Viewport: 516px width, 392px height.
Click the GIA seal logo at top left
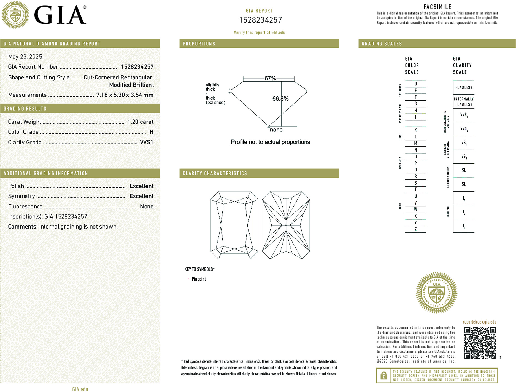pos(15,15)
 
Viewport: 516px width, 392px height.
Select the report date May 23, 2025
pos(25,57)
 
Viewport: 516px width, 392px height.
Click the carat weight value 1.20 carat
pos(140,122)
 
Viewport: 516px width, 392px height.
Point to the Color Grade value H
pos(151,132)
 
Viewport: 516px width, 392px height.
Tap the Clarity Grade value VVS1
pos(146,142)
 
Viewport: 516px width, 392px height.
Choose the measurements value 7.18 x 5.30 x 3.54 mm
pos(125,95)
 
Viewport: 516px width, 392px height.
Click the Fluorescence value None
pos(147,206)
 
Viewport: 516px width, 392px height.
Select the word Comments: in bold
pos(23,227)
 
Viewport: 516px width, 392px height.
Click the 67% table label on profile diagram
pos(270,78)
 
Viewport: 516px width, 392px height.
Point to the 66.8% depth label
pos(280,99)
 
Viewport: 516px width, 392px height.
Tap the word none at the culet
pos(276,130)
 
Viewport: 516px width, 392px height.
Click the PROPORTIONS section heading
pos(199,44)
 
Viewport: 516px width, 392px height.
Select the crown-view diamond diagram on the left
pos(234,225)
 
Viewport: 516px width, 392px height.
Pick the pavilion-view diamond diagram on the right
pos(286,225)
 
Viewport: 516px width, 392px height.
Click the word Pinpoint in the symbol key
pos(199,279)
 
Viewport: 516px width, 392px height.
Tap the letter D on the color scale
pos(415,84)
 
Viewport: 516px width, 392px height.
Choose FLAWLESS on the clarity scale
pos(464,88)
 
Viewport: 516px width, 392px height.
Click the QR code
pos(480,343)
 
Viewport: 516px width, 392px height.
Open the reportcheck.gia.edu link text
pos(479,322)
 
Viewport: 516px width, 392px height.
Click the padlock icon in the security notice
pos(383,375)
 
